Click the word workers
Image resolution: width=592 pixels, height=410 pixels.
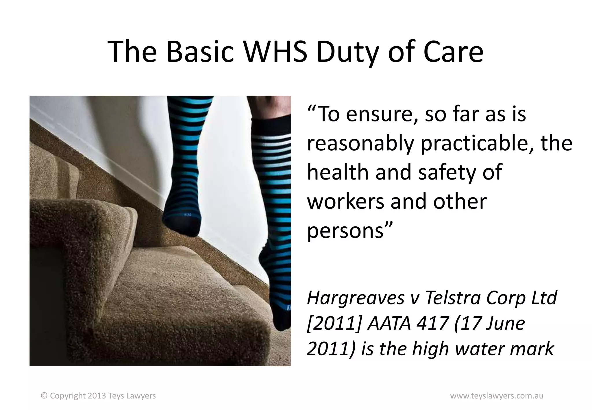(x=345, y=201)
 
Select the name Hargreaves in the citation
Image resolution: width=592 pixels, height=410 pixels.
(x=356, y=298)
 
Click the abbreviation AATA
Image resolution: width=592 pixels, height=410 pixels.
(x=389, y=323)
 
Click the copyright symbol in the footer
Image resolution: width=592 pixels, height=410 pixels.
(x=44, y=396)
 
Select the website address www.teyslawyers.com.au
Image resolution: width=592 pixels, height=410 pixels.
(x=497, y=396)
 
